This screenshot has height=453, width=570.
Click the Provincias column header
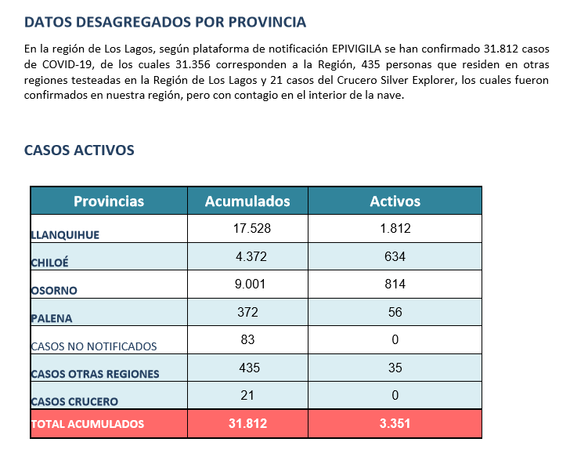click(109, 201)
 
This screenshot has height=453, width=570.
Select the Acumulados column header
click(247, 201)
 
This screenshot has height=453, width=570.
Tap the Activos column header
click(395, 201)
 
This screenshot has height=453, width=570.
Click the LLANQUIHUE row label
click(65, 235)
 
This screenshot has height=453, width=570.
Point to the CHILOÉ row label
click(50, 263)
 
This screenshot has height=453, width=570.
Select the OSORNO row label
click(54, 290)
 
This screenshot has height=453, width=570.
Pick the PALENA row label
click(52, 318)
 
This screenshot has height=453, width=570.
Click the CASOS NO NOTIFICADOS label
click(94, 346)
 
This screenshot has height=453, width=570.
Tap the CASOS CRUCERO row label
click(74, 401)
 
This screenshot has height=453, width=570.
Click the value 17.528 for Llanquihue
click(252, 229)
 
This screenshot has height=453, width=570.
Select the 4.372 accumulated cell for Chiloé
click(251, 256)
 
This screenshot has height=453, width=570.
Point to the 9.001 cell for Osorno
click(250, 284)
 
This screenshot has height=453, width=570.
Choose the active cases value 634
click(395, 256)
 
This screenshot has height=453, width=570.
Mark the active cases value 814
click(395, 284)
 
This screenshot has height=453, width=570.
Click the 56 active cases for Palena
click(395, 312)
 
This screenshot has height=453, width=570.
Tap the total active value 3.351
click(395, 423)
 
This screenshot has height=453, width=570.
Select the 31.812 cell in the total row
click(248, 423)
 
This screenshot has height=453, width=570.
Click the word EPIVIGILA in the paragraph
click(356, 49)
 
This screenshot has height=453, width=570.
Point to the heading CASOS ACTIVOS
click(79, 150)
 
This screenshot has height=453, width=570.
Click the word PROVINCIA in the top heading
click(267, 22)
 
